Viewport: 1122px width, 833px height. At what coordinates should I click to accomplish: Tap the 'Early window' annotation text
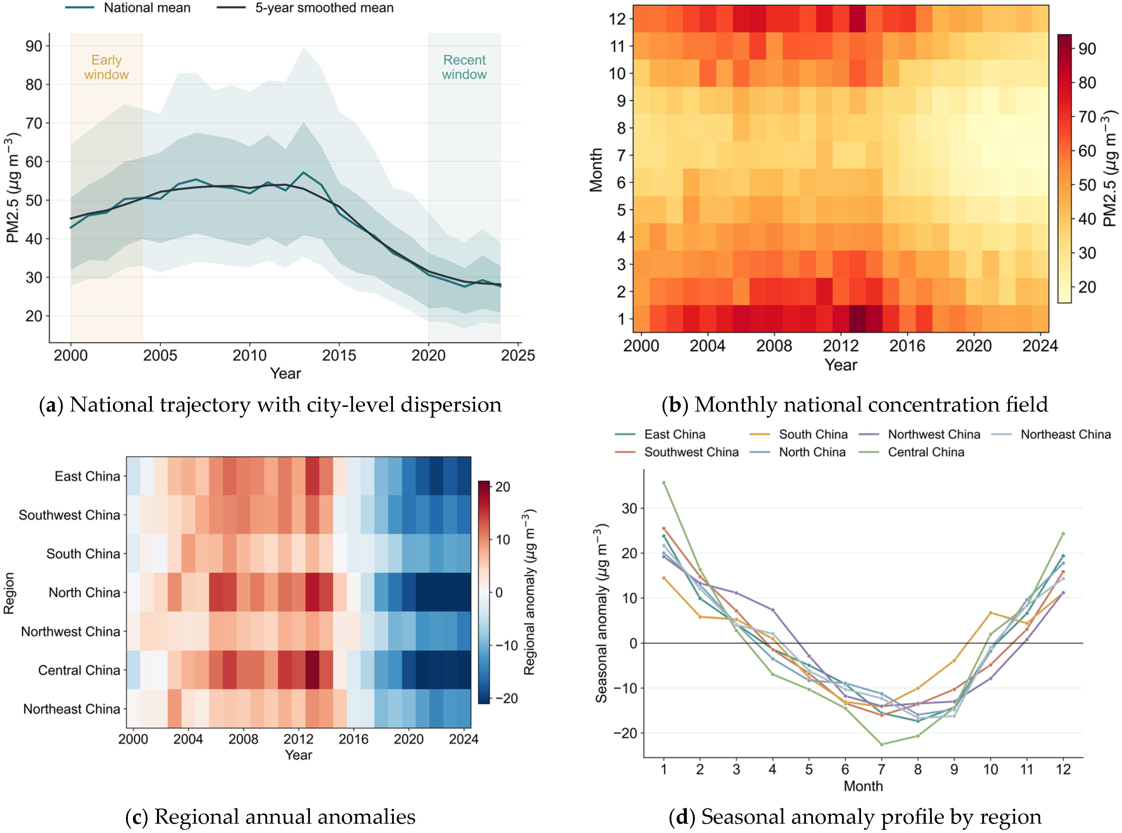[106, 67]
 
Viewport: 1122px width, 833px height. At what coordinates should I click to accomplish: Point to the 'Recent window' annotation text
[464, 67]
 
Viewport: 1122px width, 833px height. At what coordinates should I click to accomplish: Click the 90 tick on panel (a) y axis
[34, 46]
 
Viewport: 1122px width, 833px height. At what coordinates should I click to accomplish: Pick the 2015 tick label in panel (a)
[339, 356]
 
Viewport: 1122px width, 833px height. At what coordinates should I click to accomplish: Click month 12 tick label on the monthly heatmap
[617, 19]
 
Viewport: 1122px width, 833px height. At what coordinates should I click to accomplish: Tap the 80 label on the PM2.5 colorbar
[1087, 83]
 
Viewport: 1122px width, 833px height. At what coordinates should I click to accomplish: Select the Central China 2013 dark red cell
[312, 670]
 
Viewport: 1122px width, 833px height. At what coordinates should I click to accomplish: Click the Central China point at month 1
[664, 483]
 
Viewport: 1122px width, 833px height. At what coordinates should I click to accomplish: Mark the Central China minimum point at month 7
[881, 744]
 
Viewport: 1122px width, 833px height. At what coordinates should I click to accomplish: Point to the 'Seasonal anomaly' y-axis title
[601, 613]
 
